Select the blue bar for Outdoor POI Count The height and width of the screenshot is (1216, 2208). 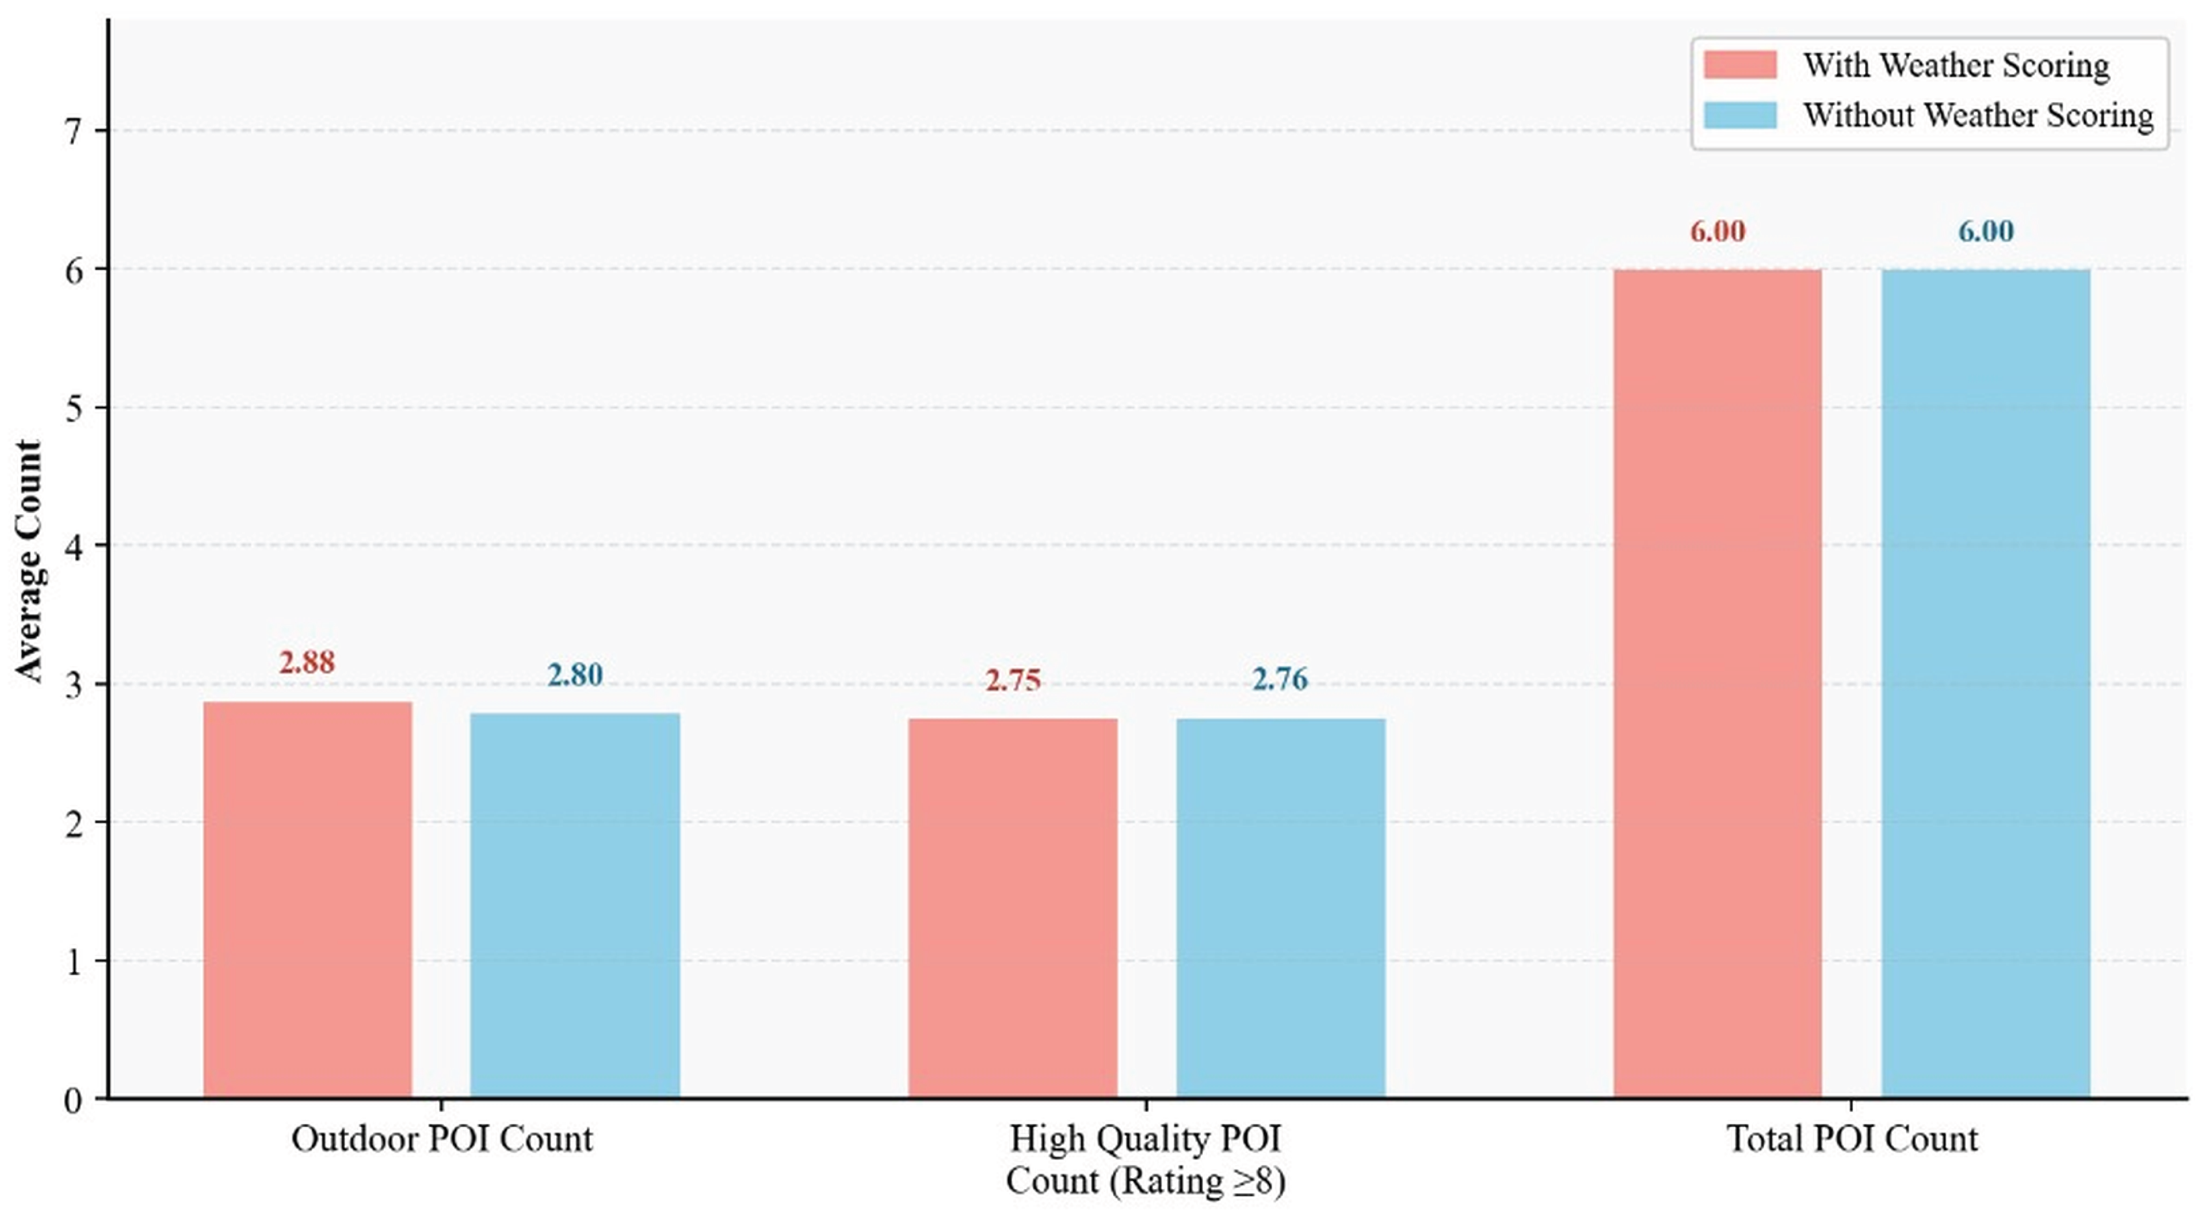(x=575, y=904)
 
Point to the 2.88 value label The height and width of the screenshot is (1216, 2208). (x=307, y=662)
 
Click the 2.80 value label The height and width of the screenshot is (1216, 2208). (x=575, y=675)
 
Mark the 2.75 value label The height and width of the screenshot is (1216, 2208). (x=1013, y=680)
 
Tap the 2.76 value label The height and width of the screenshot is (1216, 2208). (x=1281, y=680)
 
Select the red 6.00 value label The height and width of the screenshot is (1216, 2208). (x=1718, y=231)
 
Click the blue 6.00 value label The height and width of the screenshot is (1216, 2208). (x=1986, y=231)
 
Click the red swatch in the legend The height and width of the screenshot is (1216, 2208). (x=1740, y=65)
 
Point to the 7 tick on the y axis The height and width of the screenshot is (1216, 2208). (x=74, y=131)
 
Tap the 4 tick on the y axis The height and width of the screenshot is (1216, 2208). (x=74, y=547)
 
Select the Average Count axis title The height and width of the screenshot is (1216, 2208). (x=28, y=562)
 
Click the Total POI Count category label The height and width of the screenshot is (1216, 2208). (x=1852, y=1139)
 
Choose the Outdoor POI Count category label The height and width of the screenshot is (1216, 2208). (x=442, y=1139)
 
